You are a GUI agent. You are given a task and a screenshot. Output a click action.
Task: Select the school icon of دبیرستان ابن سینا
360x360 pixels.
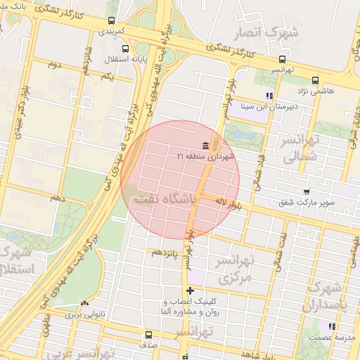269,96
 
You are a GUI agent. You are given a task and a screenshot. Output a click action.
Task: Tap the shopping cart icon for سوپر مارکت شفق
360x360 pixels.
306,191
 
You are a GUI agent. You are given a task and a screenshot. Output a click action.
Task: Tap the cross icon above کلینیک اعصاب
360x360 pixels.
189,290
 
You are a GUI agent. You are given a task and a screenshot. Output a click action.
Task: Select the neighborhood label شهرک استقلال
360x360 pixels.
15,259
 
